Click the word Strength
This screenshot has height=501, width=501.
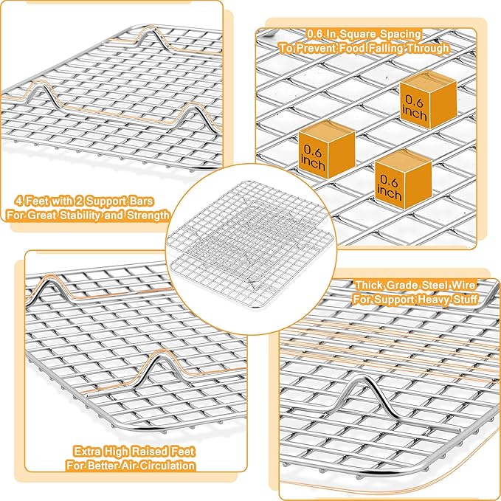point(148,215)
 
